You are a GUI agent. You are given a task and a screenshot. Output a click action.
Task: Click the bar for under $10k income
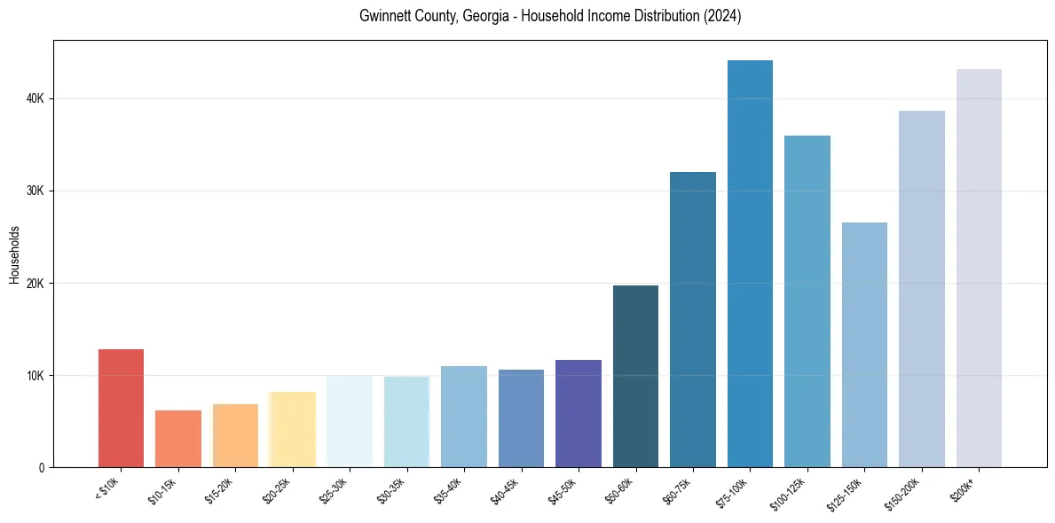coord(121,409)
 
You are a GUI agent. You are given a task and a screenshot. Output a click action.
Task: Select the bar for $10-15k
coord(178,439)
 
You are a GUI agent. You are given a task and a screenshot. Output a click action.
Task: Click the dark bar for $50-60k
coord(635,377)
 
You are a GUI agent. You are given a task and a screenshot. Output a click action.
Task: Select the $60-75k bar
coord(693,320)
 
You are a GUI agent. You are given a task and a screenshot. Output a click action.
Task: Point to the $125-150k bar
coord(864,345)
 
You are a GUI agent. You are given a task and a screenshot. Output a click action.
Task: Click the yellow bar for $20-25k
coord(293,430)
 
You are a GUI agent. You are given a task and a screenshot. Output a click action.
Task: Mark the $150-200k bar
coord(922,289)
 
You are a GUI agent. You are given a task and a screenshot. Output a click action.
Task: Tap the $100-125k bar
coord(807,301)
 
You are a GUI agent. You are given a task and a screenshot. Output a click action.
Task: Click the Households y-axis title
coord(14,254)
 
